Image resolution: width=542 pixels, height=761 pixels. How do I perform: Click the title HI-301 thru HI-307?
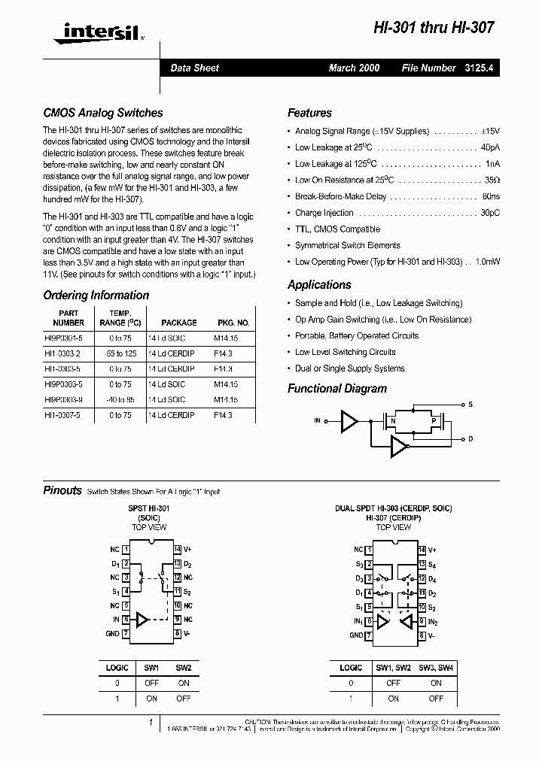point(434,28)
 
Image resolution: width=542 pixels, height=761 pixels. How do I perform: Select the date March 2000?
point(354,68)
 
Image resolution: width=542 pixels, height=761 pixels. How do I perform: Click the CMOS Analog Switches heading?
point(102,113)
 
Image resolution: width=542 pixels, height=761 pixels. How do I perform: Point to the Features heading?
point(309,113)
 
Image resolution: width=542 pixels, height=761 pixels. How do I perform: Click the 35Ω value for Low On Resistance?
point(492,180)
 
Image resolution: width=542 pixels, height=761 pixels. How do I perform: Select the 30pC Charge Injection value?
point(489,213)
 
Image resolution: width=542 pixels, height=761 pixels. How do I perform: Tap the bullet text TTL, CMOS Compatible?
point(337,229)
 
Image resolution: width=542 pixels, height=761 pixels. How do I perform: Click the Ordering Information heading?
point(96,296)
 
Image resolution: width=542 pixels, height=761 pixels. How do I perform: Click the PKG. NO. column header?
point(233,323)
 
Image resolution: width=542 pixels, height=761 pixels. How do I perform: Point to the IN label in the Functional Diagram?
point(317,421)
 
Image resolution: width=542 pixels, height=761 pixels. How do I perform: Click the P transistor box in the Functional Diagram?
point(433,421)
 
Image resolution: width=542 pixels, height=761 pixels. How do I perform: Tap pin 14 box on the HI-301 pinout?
point(178,550)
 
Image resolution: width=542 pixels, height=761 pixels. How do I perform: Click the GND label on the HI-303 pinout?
point(356,635)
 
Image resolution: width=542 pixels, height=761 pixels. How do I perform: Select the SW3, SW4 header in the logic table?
point(436,668)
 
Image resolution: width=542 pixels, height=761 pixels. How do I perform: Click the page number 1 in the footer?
point(151,723)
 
